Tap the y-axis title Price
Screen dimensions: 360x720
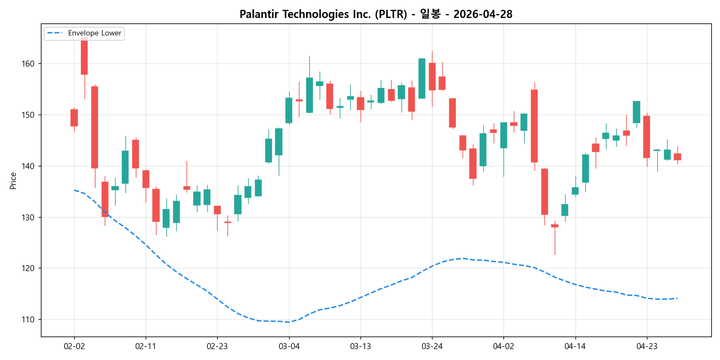click(x=13, y=181)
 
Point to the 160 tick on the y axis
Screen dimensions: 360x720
click(x=28, y=64)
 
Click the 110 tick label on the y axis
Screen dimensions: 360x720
click(x=28, y=320)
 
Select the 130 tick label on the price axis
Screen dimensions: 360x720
click(x=28, y=217)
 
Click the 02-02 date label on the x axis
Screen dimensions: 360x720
click(x=74, y=346)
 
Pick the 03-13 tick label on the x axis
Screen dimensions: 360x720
click(x=361, y=346)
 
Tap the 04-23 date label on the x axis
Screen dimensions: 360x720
click(x=646, y=346)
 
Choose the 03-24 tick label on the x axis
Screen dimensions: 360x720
click(x=432, y=346)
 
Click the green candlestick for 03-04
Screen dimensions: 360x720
click(x=289, y=110)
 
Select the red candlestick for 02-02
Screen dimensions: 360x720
click(x=74, y=118)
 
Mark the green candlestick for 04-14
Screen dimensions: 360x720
click(x=575, y=191)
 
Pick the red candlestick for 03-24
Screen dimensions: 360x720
click(x=432, y=76)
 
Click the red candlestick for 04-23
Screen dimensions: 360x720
click(x=646, y=137)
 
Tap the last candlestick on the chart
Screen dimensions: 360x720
click(x=677, y=157)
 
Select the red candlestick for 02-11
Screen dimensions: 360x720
click(x=146, y=179)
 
